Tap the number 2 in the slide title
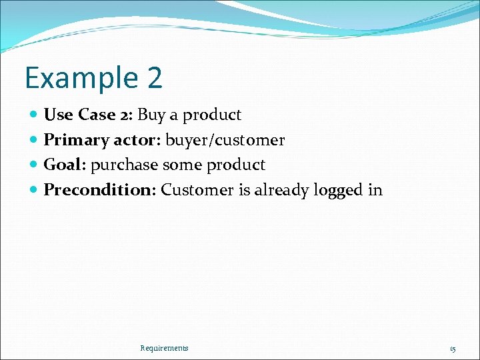coord(152,78)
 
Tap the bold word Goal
coord(65,165)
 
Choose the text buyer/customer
coord(225,141)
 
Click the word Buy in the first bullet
coord(151,115)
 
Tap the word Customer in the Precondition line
coord(197,190)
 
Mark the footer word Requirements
coord(164,348)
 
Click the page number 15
coord(453,349)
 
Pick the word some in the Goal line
coord(180,165)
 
